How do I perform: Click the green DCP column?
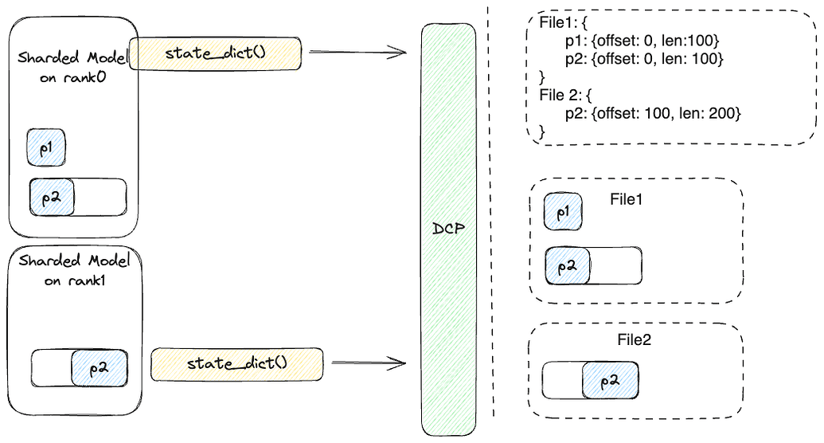[x=447, y=229]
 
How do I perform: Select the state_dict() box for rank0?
[x=216, y=53]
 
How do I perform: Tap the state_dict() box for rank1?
[x=236, y=363]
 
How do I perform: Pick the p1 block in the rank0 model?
[x=46, y=147]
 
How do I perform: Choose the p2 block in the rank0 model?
[x=53, y=197]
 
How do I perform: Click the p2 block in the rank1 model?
[x=99, y=368]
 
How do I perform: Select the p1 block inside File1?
[x=563, y=213]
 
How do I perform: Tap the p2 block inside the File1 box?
[x=568, y=266]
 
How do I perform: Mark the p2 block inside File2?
[x=610, y=381]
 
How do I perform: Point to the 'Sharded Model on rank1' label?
[x=72, y=269]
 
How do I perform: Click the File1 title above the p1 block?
[x=626, y=199]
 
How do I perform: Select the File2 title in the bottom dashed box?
[x=635, y=339]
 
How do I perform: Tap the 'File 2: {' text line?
[x=566, y=96]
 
